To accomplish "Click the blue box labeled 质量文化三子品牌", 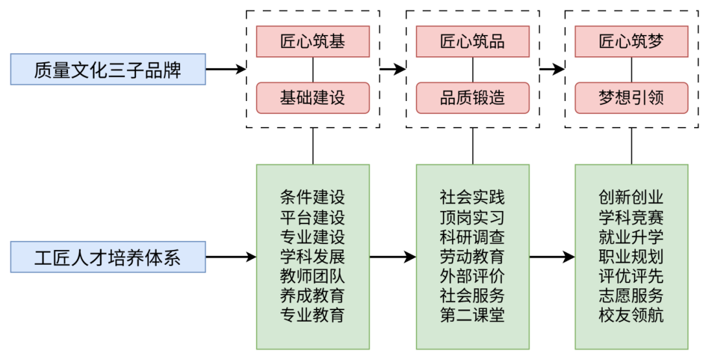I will coord(107,70).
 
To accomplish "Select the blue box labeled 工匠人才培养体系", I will coord(107,258).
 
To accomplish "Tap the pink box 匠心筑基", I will coord(313,42).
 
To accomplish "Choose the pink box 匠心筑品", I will coord(472,42).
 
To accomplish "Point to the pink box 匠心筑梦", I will coord(631,42).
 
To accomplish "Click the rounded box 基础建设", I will coord(313,98).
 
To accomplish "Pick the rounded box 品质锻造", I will coord(472,98).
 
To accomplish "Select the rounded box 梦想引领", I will coord(631,98).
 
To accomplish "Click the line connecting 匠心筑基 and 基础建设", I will coord(313,70).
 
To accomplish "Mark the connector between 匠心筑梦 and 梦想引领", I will coord(631,70).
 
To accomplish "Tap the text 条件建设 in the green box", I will coord(313,197).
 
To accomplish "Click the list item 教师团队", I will coord(313,276).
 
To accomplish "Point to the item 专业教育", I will coord(313,316).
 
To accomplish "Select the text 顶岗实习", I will coord(472,218).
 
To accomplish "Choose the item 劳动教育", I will coord(472,257).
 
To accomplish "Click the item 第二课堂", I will coord(472,316).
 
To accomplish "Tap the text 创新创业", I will coord(631,197).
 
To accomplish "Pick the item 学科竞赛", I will coord(631,218).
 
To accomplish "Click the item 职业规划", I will coord(631,257).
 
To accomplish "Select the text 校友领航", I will coord(631,316).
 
